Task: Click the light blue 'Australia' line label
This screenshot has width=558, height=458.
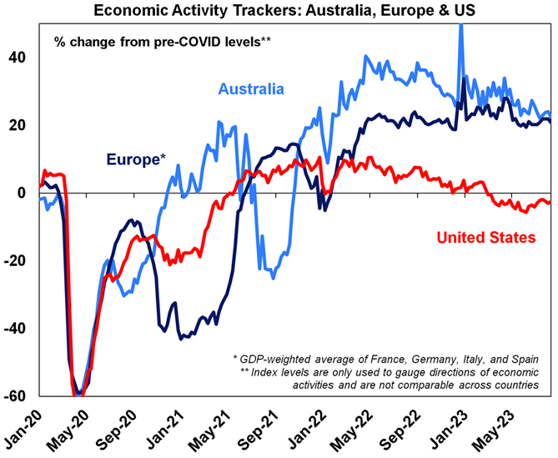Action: click(252, 89)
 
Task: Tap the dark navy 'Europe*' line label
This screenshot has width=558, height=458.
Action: click(134, 157)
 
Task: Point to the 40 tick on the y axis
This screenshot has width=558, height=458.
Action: click(17, 58)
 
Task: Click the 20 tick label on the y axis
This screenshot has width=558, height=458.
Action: click(17, 125)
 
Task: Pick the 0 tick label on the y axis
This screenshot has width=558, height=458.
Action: click(22, 194)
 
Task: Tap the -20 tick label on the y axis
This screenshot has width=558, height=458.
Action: click(14, 261)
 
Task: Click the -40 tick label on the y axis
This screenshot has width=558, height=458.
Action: click(14, 329)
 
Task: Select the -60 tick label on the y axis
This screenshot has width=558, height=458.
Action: click(14, 396)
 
